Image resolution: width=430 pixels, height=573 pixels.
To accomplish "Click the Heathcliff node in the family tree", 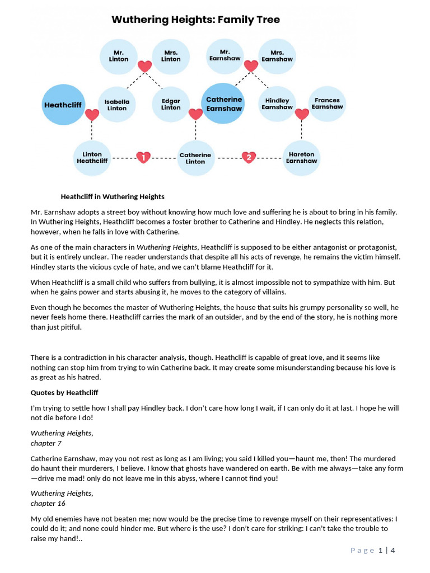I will [63, 105].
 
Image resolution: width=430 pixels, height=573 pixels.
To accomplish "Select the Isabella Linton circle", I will [116, 105].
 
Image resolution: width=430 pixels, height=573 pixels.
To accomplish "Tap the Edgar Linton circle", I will [171, 105].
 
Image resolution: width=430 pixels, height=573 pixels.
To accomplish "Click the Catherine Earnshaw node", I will [223, 104].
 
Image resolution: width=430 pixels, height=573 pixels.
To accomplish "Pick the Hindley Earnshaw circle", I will [277, 104].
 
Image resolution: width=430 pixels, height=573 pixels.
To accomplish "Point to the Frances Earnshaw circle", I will [327, 104].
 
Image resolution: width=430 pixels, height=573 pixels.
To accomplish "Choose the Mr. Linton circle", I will [118, 57].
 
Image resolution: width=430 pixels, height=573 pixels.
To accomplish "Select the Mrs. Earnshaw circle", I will [277, 56].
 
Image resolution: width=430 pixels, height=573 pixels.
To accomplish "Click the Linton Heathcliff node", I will [92, 158].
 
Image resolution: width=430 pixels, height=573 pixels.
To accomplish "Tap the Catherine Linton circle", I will [195, 158].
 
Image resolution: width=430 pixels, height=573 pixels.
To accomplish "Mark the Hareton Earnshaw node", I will [301, 158].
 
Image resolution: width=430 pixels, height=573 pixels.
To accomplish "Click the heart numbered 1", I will [144, 157].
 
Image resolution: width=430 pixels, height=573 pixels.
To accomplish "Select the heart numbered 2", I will [249, 157].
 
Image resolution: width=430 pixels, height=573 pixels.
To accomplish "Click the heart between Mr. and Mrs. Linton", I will [144, 67].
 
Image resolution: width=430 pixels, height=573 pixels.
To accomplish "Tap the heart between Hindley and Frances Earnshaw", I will [302, 114].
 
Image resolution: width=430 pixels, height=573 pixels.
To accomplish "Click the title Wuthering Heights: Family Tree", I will [195, 20].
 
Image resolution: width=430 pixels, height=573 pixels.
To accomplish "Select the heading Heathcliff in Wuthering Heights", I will [113, 196].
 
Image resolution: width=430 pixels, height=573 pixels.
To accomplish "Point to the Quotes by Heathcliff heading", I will [64, 392].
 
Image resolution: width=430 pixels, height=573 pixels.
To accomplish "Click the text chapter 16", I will [49, 503].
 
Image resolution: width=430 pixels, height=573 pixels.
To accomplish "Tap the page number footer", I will [373, 550].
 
